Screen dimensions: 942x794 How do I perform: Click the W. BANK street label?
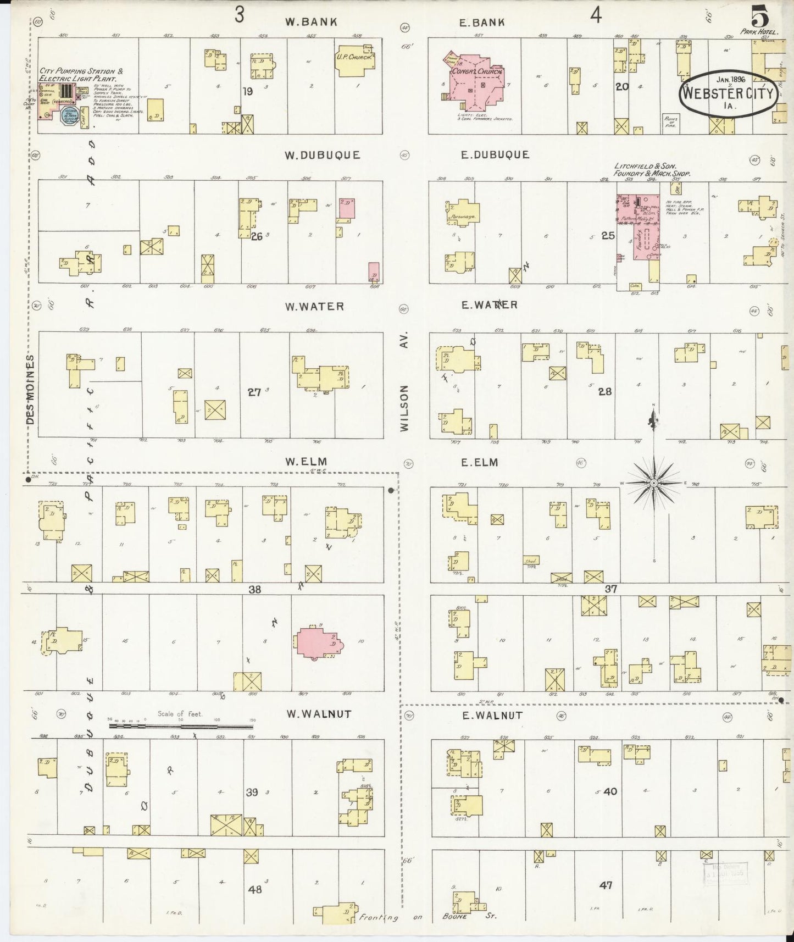point(310,22)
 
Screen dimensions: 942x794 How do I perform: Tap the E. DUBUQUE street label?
point(495,155)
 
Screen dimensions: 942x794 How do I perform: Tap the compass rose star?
point(654,483)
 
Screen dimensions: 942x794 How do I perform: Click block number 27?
point(254,392)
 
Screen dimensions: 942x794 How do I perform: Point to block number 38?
point(254,589)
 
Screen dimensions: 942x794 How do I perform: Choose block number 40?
point(610,791)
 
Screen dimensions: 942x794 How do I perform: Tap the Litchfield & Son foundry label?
point(652,169)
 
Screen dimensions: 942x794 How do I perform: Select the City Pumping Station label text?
point(77,75)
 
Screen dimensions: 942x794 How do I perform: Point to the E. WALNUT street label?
point(492,715)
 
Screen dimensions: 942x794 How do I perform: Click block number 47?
point(606,885)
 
